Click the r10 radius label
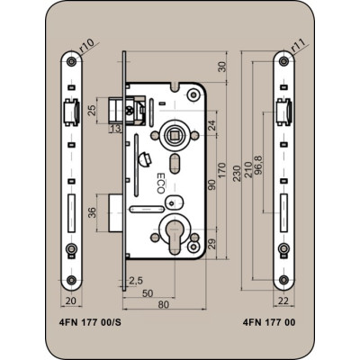[86, 45]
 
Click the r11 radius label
[297, 45]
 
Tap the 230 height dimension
[237, 173]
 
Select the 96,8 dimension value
[257, 166]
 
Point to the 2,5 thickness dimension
[136, 281]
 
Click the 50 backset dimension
[148, 293]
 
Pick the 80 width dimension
[164, 304]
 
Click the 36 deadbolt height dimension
[92, 212]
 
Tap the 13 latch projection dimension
[115, 129]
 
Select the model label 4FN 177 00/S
[89, 322]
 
